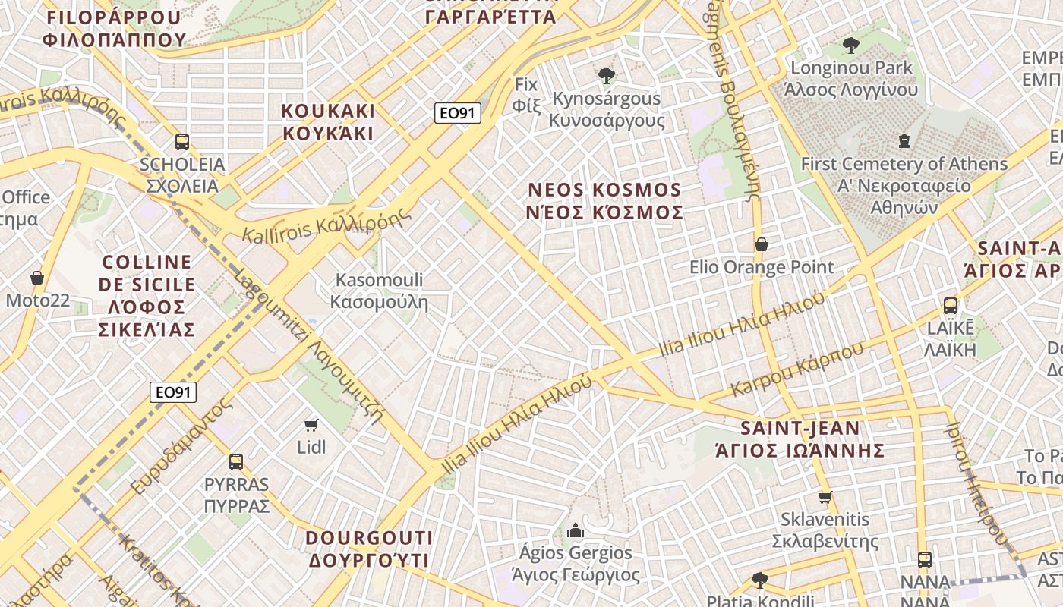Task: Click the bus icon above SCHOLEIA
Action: click(182, 141)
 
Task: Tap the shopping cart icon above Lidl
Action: click(311, 425)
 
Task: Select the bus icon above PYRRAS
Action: click(236, 461)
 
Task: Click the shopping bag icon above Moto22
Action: click(36, 278)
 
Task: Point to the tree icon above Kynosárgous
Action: click(606, 75)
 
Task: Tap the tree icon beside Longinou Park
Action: click(851, 46)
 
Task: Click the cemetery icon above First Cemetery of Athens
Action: click(904, 140)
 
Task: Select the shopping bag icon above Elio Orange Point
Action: click(762, 244)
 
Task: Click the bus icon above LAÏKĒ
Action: click(950, 306)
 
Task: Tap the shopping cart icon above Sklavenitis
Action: click(825, 497)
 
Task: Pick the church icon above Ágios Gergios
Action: click(576, 530)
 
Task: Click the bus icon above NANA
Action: click(924, 560)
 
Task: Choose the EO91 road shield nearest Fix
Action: click(459, 113)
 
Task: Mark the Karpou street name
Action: click(797, 370)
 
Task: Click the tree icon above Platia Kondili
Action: click(759, 580)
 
